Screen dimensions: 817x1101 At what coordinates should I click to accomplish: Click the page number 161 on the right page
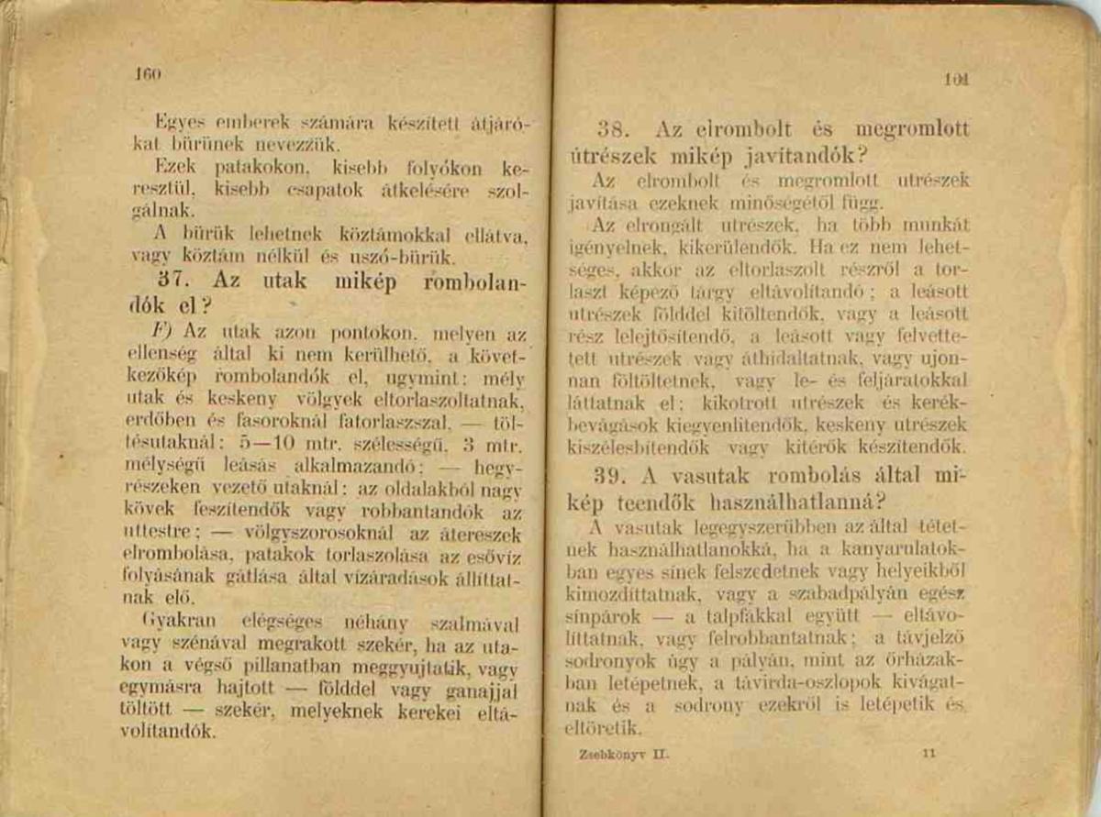click(x=961, y=80)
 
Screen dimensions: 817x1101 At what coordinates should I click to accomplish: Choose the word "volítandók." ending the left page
click(x=169, y=731)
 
